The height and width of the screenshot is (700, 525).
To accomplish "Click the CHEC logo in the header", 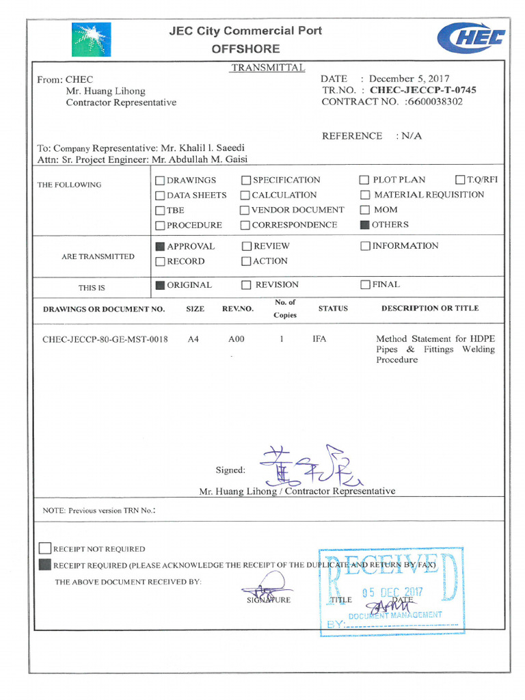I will pos(472,37).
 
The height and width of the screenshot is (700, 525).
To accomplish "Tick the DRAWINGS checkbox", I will pos(160,180).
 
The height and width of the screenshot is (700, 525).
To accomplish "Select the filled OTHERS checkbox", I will pos(365,225).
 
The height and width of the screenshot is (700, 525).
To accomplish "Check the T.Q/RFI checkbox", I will pos(461,180).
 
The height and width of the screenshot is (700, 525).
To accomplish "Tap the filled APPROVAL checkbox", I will pos(160,246).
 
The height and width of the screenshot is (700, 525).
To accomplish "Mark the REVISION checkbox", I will pos(246,285).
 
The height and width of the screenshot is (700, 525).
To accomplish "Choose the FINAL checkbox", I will pos(365,285).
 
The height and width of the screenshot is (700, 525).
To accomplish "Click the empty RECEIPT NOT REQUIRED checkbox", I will pos(45,548).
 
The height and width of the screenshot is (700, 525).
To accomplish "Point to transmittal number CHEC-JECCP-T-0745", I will pos(423,90).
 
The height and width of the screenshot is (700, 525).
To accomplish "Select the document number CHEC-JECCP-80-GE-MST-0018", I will pos(105,339).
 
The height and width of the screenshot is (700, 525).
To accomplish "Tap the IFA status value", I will pos(319,339).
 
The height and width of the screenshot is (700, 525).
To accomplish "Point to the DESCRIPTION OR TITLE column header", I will pos(430,308).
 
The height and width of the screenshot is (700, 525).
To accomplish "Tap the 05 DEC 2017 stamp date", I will pos(392,593).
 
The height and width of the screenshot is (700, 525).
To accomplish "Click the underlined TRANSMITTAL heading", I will pos(267,68).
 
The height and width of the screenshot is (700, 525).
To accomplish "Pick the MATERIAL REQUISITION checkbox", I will pos(365,196).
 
